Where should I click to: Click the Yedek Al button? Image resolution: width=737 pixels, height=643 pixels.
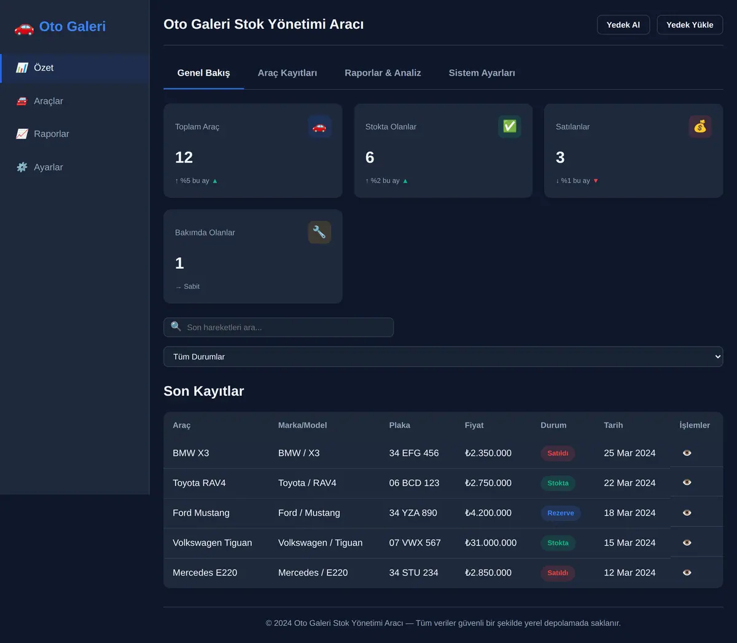623,25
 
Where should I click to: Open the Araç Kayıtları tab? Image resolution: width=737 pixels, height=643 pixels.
287,73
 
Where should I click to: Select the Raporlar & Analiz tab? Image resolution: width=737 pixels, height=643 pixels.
383,73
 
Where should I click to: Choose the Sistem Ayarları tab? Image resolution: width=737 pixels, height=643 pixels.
482,73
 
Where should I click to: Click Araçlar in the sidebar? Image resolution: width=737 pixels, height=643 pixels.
49,101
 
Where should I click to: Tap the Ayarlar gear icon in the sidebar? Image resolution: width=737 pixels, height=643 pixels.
22,167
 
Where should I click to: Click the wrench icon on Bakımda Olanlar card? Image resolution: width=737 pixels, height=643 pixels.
319,232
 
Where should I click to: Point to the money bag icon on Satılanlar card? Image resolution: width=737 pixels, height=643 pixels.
700,126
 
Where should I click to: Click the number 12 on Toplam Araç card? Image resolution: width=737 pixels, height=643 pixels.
184,157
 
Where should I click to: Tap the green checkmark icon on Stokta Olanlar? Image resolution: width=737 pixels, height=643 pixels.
509,126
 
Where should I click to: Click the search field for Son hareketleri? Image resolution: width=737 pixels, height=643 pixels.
278,327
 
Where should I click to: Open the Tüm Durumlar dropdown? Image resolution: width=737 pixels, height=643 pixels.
443,356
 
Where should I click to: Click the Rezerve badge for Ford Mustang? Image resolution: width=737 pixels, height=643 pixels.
561,513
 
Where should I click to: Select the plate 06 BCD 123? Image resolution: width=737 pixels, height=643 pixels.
414,483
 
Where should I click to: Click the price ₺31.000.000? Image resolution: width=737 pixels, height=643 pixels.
491,542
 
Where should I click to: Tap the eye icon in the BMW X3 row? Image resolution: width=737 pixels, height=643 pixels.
687,453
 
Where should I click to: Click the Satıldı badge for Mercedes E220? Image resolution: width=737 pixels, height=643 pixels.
558,573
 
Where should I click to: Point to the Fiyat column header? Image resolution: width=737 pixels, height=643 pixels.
474,425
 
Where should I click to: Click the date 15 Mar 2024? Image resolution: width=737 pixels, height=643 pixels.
630,542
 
